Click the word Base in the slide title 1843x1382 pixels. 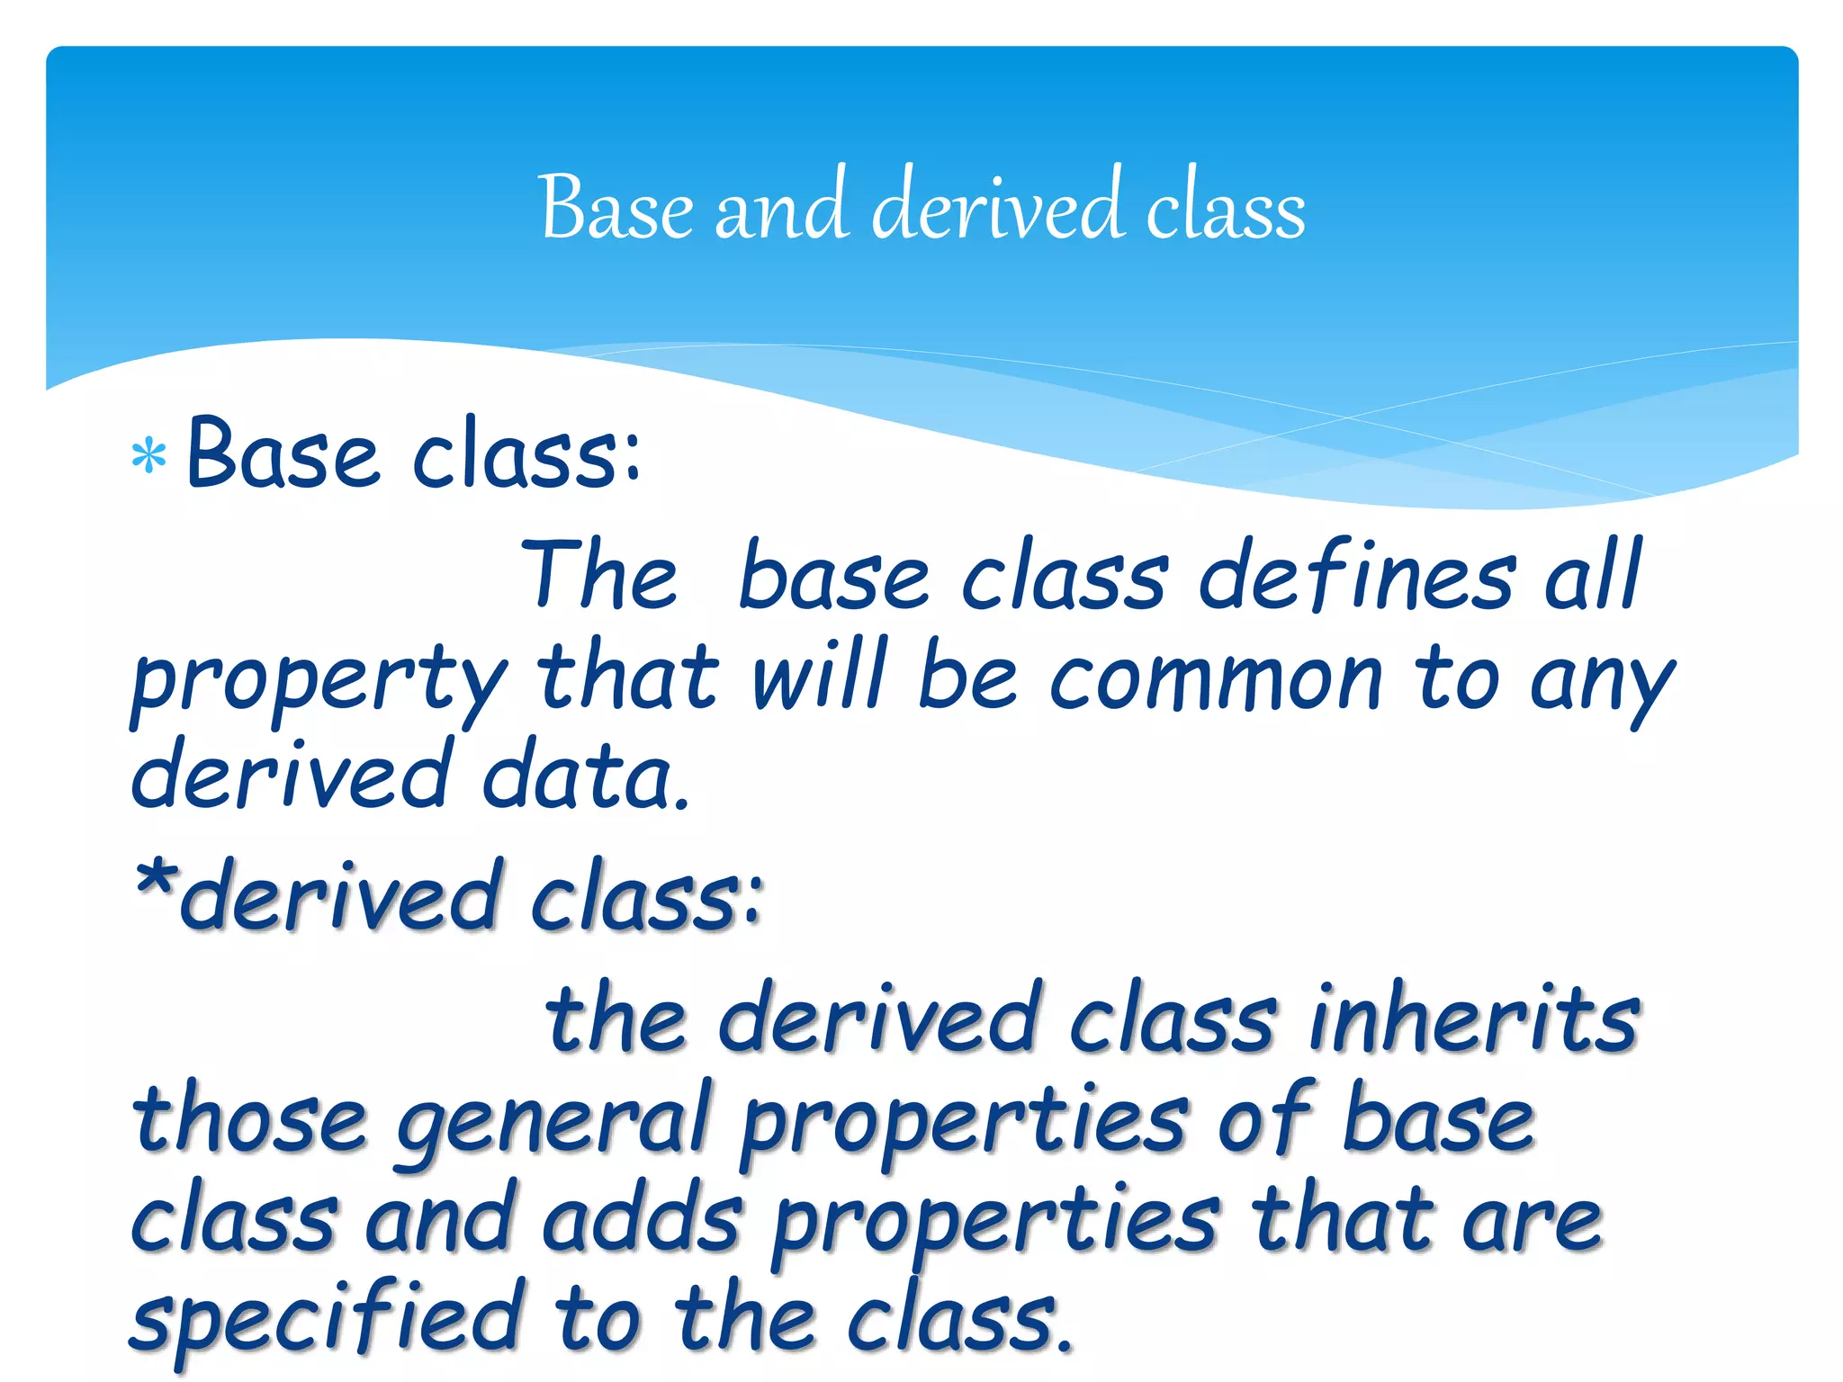tap(616, 209)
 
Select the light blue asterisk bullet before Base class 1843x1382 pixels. tap(148, 456)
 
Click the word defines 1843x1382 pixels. tap(1357, 576)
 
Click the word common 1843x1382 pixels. tap(1216, 679)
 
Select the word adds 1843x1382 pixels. tap(643, 1219)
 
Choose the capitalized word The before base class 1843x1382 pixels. tap(598, 576)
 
